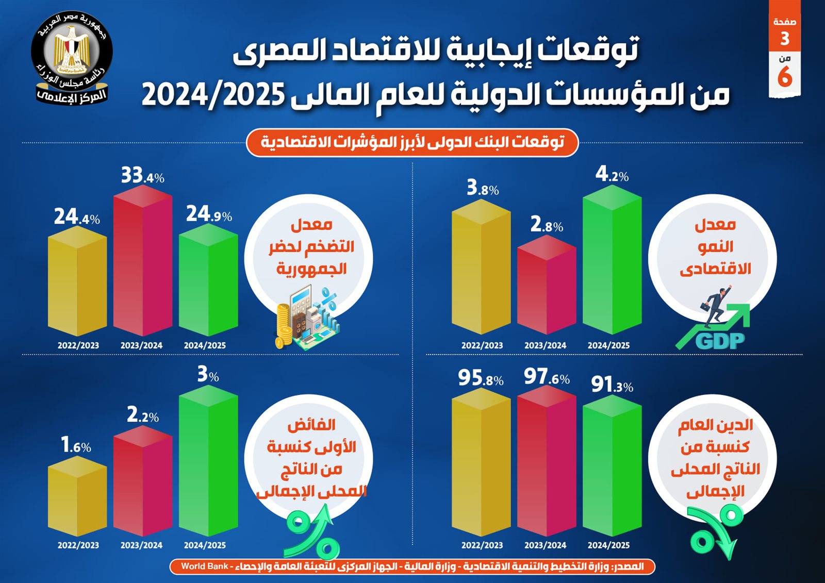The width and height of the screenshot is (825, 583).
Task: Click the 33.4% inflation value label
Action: (x=142, y=176)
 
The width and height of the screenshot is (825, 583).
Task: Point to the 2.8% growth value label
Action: (x=547, y=225)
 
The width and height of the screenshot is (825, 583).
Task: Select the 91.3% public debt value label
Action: (x=612, y=385)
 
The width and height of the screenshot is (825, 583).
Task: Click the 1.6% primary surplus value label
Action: (x=76, y=445)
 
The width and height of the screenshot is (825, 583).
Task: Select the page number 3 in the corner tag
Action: (x=785, y=39)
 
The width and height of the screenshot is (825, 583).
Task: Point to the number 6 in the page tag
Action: (x=785, y=77)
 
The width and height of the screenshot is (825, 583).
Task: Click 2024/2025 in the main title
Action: (x=213, y=95)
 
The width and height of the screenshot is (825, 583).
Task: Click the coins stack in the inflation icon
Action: (x=283, y=325)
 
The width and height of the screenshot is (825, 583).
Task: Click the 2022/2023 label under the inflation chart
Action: (x=78, y=345)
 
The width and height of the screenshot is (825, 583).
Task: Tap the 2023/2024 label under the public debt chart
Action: (x=545, y=545)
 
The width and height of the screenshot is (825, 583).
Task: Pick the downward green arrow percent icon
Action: (x=716, y=531)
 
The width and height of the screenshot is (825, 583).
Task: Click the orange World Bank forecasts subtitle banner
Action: (x=412, y=142)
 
